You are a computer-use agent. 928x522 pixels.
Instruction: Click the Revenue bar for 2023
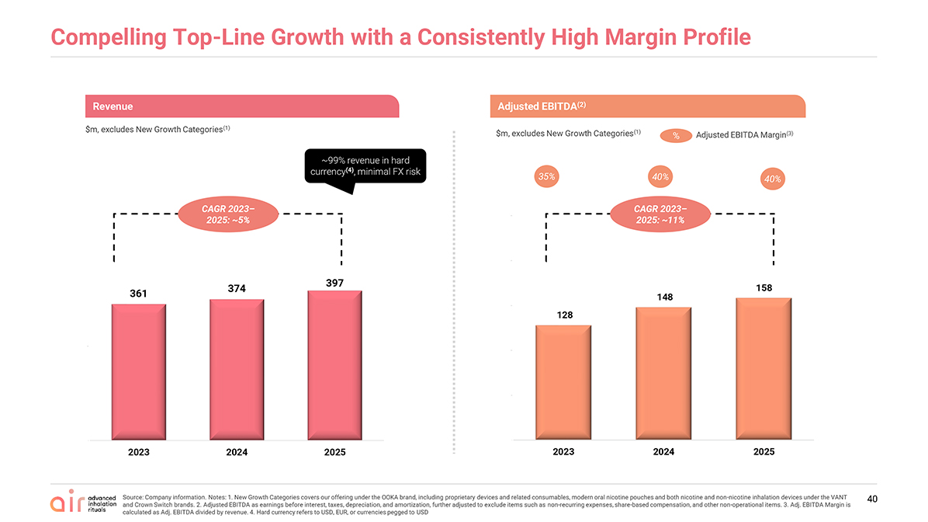[138, 372]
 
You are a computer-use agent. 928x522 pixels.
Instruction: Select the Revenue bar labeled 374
[237, 370]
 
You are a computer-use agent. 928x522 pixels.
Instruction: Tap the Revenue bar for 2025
[334, 365]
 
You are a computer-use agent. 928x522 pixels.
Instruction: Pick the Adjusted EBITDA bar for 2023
[563, 382]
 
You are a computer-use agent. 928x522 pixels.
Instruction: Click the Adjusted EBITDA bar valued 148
[663, 374]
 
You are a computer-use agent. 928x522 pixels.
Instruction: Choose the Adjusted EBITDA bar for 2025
[764, 368]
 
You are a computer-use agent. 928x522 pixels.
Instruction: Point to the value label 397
[334, 284]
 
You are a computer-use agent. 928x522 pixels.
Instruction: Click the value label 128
[565, 315]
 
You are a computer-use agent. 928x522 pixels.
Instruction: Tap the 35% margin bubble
[546, 176]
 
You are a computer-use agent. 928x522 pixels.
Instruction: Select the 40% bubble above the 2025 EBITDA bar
[772, 179]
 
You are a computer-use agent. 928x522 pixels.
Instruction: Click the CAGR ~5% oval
[228, 214]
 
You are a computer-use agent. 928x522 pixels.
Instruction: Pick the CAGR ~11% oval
[660, 214]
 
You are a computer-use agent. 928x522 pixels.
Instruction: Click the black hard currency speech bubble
[365, 166]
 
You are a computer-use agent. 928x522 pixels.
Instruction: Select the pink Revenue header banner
[242, 106]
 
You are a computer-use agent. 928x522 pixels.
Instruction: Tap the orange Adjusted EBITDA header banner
[647, 106]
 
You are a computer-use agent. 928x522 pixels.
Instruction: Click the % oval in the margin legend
[676, 136]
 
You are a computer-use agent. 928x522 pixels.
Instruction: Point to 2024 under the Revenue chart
[237, 452]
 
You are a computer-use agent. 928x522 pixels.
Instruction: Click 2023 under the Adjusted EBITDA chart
[563, 451]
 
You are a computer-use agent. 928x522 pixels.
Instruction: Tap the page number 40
[872, 499]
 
